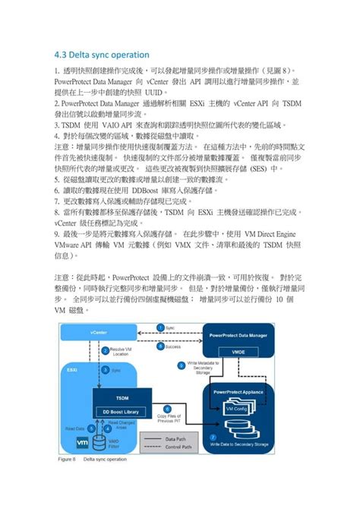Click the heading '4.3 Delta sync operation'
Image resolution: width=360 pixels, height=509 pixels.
click(102, 55)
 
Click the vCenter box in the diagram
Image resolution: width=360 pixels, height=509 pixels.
click(98, 332)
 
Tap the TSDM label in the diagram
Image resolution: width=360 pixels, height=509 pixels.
click(122, 398)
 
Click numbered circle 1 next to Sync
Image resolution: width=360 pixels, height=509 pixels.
click(160, 327)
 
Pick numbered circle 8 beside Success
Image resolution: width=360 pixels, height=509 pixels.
click(160, 346)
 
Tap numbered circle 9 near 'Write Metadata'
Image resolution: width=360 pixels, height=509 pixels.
click(181, 365)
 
